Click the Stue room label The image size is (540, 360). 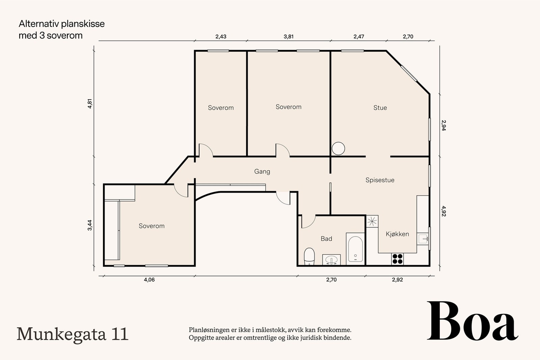[x=380, y=108]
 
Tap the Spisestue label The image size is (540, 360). [x=380, y=180]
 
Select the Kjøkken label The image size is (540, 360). [x=397, y=234]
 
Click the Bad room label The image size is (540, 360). [x=326, y=239]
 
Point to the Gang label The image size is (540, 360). [x=262, y=171]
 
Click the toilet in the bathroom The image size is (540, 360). [x=309, y=256]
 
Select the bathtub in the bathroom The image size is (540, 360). [x=355, y=249]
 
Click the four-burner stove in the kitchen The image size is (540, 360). [x=398, y=259]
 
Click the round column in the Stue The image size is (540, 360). [x=338, y=148]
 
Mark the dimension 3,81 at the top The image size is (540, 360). [x=288, y=37]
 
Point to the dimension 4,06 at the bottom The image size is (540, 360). [x=149, y=280]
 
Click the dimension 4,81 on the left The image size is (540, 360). [x=90, y=104]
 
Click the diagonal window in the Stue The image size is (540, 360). [x=408, y=73]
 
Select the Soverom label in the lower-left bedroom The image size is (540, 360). [x=152, y=226]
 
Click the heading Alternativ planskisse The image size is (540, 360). [x=61, y=24]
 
